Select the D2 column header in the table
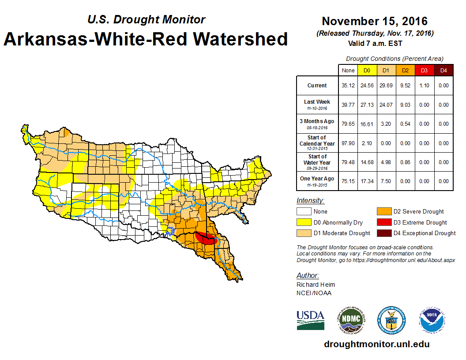pyautogui.click(x=405, y=70)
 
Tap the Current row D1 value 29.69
pyautogui.click(x=386, y=86)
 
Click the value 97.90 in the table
pyautogui.click(x=348, y=143)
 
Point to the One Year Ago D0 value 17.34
pyautogui.click(x=367, y=181)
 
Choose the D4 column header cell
pyautogui.click(x=443, y=70)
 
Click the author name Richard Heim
pyautogui.click(x=316, y=285)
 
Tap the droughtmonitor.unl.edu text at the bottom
pyautogui.click(x=376, y=344)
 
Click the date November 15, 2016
pyautogui.click(x=375, y=21)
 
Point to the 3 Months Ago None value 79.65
pyautogui.click(x=348, y=124)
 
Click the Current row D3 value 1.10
pyautogui.click(x=424, y=86)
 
